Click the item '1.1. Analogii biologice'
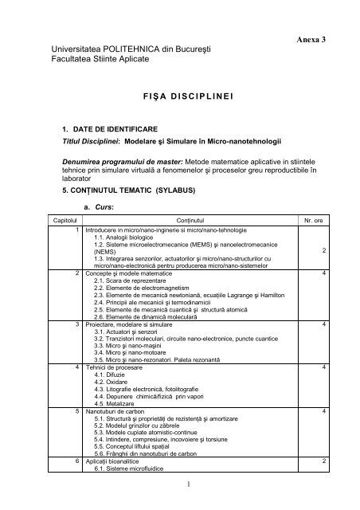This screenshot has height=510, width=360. pos(127,237)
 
